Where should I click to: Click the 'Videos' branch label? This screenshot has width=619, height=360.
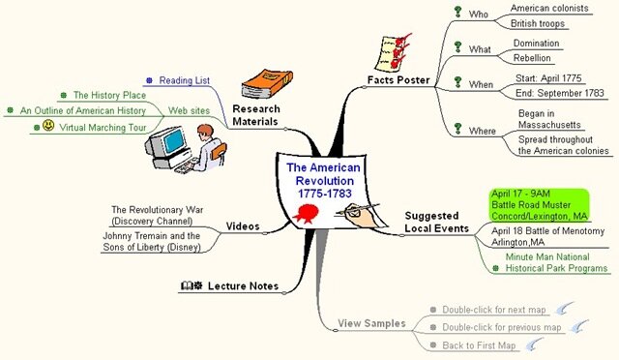[x=242, y=226]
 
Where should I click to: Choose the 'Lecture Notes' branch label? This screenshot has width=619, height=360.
[x=243, y=286]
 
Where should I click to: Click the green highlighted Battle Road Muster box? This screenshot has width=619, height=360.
[x=539, y=205]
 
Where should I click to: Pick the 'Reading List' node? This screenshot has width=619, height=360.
[x=184, y=80]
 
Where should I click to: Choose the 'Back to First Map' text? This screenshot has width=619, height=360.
[x=480, y=345]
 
